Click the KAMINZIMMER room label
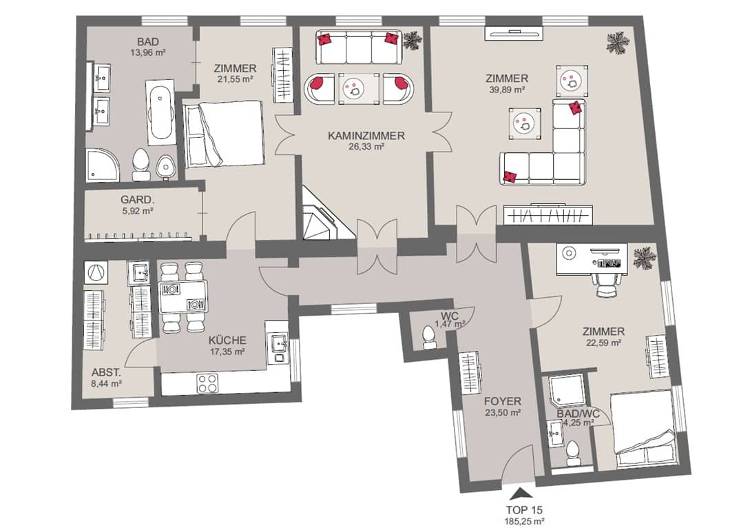click(366, 136)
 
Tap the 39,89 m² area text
click(506, 90)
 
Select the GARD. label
click(137, 200)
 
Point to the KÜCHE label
click(227, 341)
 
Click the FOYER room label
click(502, 401)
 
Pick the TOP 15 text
click(524, 510)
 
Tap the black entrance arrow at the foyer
click(521, 494)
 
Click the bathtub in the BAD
click(160, 113)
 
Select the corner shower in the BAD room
click(103, 165)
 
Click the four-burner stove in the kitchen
click(208, 383)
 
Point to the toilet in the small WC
click(428, 338)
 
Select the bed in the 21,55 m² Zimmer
click(224, 134)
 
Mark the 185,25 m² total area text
click(525, 521)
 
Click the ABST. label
click(106, 372)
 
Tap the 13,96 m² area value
click(148, 52)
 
